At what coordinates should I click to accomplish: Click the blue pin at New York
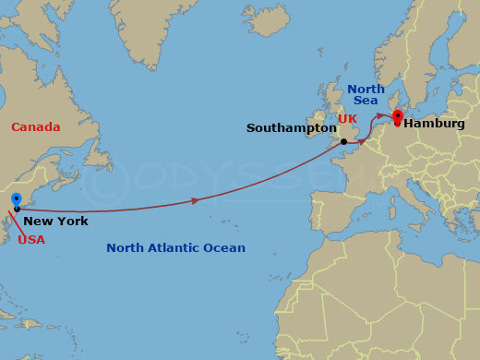point(16,200)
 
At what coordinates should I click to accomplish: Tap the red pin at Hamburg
point(398,117)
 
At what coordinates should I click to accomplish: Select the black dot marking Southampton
point(343,141)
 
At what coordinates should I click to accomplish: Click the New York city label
point(55,221)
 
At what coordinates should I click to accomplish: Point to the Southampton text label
point(291,127)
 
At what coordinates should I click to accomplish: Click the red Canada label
point(35,127)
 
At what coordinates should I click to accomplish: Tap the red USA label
point(30,239)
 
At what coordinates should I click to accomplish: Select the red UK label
point(347,119)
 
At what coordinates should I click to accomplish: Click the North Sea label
point(366,95)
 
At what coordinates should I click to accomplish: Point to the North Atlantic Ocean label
point(175,247)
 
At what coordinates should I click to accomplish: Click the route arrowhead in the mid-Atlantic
point(194,200)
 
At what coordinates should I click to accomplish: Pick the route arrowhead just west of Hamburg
point(383,116)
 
